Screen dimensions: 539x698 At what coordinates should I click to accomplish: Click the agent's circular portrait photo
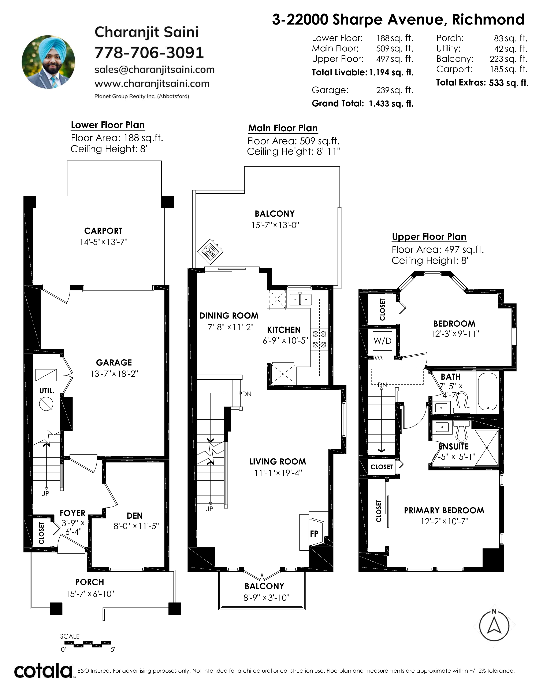(48, 62)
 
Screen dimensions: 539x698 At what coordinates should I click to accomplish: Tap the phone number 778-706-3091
(149, 53)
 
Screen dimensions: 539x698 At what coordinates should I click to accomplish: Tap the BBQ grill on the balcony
(210, 251)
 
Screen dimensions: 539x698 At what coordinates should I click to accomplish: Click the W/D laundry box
(383, 341)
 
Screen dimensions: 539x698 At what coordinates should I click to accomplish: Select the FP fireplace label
(314, 533)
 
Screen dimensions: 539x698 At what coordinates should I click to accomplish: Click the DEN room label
(135, 515)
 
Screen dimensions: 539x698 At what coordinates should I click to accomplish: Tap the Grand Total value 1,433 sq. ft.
(391, 104)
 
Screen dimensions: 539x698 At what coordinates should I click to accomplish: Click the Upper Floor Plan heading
(429, 237)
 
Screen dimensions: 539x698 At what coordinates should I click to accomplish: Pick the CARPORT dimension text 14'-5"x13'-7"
(103, 242)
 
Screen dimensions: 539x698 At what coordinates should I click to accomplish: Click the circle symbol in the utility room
(46, 404)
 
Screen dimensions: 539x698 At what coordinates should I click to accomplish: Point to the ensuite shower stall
(486, 448)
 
